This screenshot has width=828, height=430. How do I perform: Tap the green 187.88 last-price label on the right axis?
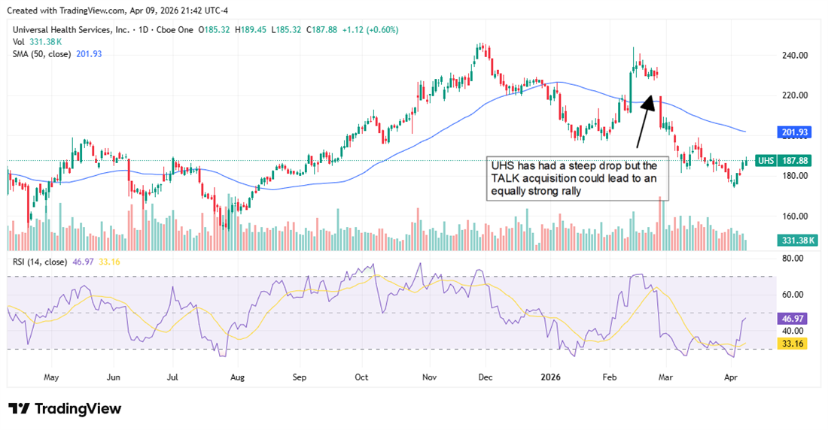pos(795,160)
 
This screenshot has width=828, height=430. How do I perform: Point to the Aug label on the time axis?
pos(238,377)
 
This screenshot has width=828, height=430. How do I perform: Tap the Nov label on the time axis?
pos(430,377)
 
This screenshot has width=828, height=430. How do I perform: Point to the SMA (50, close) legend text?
pos(44,53)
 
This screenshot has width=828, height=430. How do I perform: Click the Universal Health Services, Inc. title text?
pos(69,30)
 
